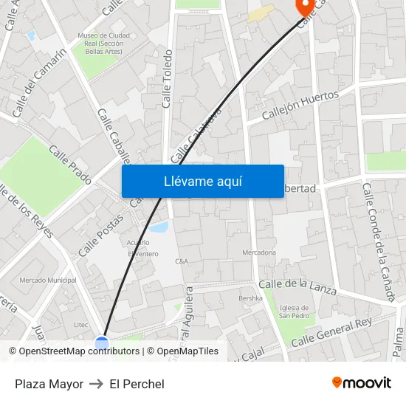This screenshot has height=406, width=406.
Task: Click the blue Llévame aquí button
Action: (x=202, y=181)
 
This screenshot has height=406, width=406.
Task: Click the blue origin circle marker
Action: (x=102, y=343)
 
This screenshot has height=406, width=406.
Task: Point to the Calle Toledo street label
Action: (x=168, y=79)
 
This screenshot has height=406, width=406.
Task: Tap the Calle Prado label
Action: (x=70, y=164)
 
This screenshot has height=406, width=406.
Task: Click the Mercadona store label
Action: (x=259, y=252)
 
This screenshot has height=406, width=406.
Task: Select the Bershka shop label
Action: (x=250, y=298)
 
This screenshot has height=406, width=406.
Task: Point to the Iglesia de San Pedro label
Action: (x=294, y=312)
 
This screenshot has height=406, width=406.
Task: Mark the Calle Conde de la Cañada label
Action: (x=378, y=241)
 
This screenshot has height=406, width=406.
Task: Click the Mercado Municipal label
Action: (x=47, y=281)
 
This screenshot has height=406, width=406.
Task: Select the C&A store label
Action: (x=182, y=261)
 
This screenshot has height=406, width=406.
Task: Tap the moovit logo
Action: (x=362, y=382)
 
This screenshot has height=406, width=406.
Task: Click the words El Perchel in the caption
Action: (x=137, y=384)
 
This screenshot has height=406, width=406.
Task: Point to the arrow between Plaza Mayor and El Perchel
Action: (x=96, y=384)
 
